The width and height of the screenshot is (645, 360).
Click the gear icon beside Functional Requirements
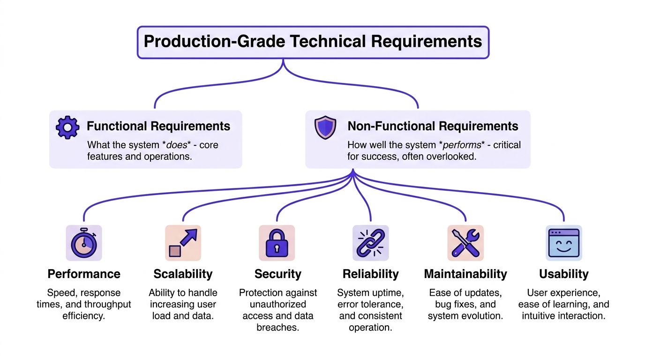coord(67,127)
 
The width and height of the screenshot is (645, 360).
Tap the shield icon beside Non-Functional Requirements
coord(325,128)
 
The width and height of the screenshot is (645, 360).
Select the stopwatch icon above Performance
coord(83,243)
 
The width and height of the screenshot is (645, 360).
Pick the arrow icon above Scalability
coord(183,243)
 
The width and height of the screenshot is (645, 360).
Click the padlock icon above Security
coord(277,243)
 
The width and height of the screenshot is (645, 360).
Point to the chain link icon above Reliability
coord(370,243)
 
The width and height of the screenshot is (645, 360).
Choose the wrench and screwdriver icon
coord(465,243)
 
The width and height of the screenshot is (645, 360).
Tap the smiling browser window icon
coord(563,243)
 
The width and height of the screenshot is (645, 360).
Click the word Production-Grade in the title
coord(213,41)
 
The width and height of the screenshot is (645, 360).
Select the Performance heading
coord(84,274)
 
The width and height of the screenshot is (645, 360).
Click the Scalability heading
coord(183,274)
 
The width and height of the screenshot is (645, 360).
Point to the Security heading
coord(277,274)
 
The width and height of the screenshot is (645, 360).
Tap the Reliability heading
coord(370,274)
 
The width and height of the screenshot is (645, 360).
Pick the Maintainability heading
coord(465,274)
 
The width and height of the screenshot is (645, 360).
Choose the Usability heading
coord(563,274)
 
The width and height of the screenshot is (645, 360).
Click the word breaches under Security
coord(277,327)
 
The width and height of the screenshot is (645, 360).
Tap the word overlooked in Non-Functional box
coord(452,157)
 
